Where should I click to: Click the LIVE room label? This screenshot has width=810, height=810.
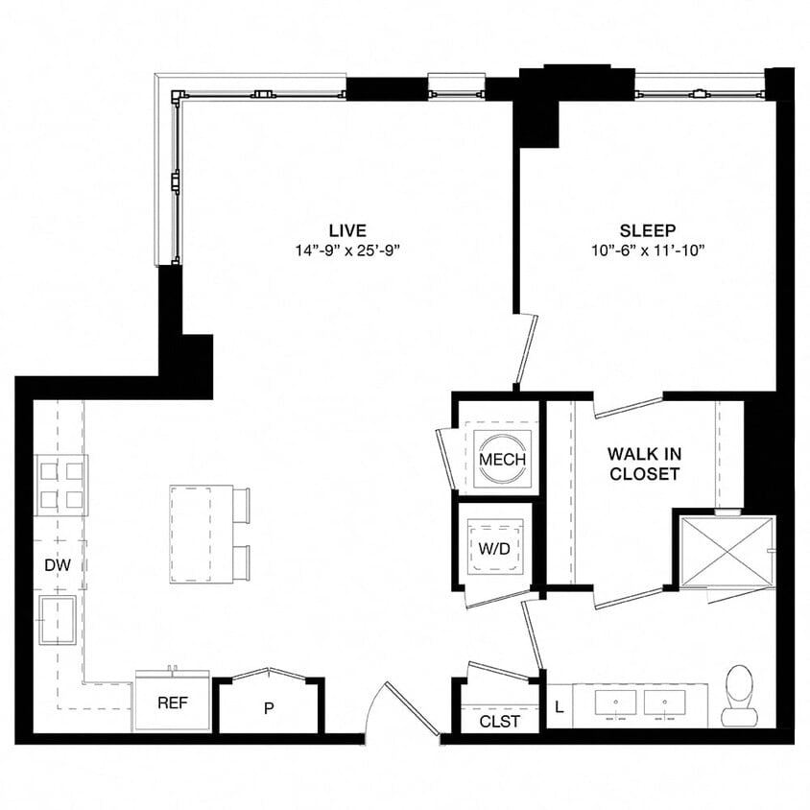[347, 230]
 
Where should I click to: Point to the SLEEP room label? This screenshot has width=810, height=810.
[647, 230]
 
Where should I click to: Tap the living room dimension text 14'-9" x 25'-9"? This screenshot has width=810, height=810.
[347, 250]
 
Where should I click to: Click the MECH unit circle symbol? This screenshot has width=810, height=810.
[502, 459]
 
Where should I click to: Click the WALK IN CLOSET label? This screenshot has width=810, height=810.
[643, 463]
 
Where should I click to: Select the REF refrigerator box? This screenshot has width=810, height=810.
[172, 702]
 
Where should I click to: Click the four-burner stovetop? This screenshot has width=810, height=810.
[61, 484]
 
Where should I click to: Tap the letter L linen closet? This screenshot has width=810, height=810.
[560, 707]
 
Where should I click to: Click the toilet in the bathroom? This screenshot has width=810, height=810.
[740, 694]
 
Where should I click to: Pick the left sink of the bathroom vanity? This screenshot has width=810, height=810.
[614, 704]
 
